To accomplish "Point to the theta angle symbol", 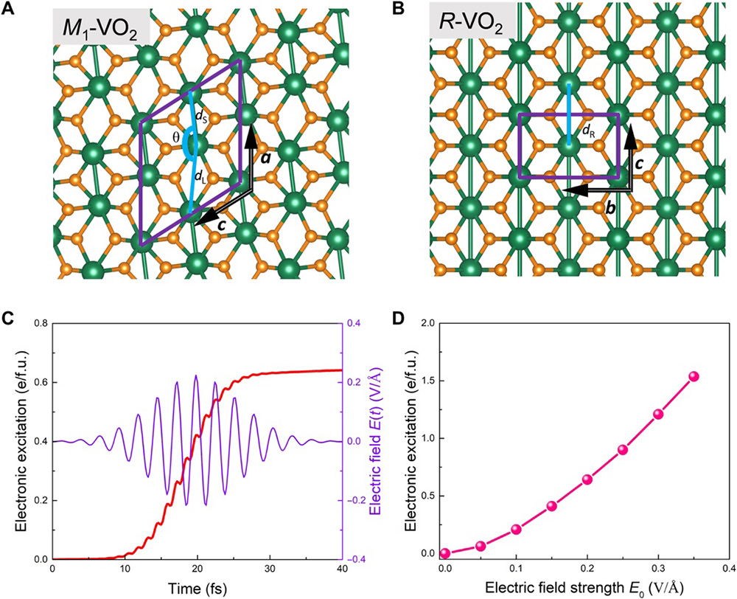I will click(x=175, y=137).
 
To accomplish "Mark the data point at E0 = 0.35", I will click(x=693, y=377).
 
